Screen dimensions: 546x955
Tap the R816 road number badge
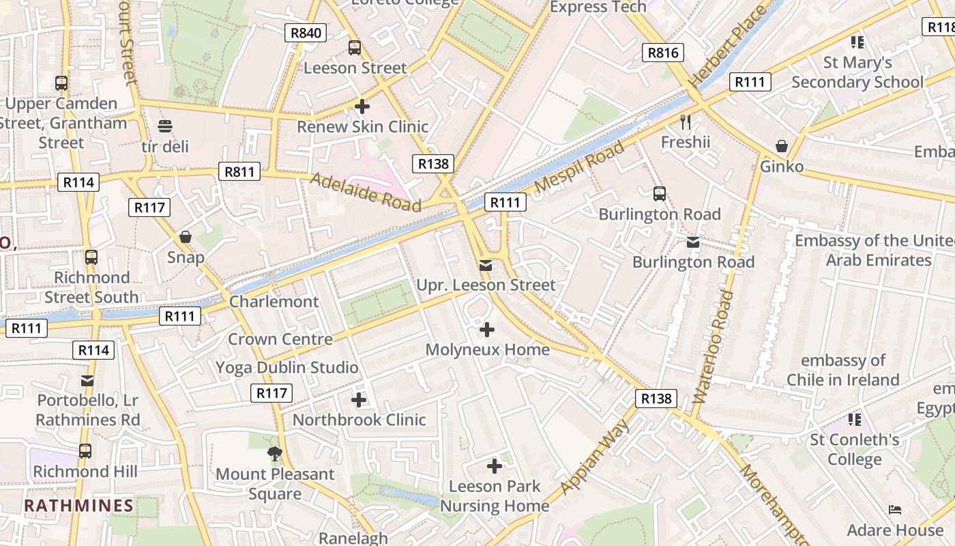(x=663, y=53)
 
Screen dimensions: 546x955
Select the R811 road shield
(x=240, y=171)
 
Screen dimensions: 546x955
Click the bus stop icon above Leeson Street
(x=355, y=48)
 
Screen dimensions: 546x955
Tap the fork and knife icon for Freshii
(x=686, y=122)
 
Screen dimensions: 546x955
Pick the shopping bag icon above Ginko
(x=782, y=147)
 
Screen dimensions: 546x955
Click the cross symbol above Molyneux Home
(x=487, y=330)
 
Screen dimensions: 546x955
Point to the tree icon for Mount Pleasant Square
(x=274, y=453)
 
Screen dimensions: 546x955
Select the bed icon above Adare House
(x=895, y=510)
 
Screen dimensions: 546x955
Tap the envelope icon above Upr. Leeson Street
(x=486, y=265)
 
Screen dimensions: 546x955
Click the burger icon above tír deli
(x=164, y=126)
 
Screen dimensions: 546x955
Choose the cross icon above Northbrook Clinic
(x=359, y=400)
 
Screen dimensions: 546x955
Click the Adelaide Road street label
(x=366, y=192)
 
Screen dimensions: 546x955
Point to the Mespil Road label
(x=579, y=167)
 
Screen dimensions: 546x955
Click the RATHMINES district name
(x=78, y=506)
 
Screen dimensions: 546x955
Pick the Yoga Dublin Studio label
(x=286, y=368)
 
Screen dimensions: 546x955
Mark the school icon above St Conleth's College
(x=855, y=419)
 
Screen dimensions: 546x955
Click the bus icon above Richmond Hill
(x=85, y=451)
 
